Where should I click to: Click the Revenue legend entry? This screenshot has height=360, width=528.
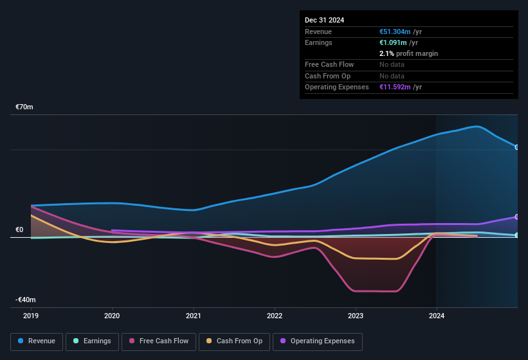37,341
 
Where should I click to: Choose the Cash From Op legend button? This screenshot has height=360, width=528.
234,341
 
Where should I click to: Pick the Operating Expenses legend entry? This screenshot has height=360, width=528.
318,341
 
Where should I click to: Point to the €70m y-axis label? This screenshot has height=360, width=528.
24,107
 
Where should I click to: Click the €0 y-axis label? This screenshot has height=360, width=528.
19,230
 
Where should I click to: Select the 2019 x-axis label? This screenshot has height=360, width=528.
31,316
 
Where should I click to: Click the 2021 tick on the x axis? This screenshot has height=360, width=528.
193,316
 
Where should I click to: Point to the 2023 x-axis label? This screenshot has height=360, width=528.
356,316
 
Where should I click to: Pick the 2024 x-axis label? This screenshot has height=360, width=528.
437,316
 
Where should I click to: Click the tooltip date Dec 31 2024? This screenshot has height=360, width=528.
325,20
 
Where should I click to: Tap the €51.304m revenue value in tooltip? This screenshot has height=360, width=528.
395,32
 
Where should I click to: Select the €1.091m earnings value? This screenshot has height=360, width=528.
393,42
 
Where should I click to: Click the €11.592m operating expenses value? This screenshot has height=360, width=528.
395,87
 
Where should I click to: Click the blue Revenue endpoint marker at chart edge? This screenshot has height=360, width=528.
517,147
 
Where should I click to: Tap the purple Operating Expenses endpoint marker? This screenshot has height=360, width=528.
517,217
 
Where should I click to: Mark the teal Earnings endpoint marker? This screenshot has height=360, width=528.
517,235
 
